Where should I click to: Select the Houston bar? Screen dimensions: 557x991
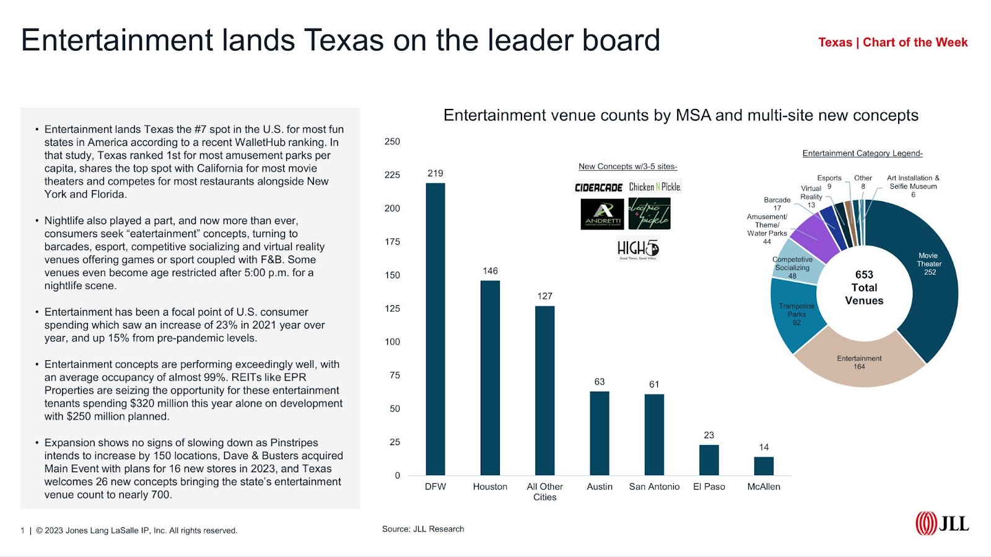click(x=490, y=378)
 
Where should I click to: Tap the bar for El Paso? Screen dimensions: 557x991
click(x=709, y=460)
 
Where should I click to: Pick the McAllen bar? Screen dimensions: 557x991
click(x=764, y=466)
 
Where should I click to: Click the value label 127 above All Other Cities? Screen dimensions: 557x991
click(x=545, y=296)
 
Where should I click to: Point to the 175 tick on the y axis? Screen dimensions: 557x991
click(x=392, y=241)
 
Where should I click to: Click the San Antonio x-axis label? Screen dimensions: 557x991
click(x=654, y=486)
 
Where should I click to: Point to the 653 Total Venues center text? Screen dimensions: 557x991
click(x=864, y=288)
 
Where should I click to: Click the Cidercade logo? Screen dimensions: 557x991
click(x=598, y=187)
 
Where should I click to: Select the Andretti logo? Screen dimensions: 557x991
click(x=603, y=214)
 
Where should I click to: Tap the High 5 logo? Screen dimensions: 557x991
click(x=638, y=249)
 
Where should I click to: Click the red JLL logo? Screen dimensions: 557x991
click(x=942, y=524)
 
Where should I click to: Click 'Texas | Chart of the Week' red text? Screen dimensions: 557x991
click(x=893, y=42)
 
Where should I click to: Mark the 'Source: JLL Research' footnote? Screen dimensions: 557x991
click(x=423, y=529)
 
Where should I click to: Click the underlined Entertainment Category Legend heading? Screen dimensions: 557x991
click(x=862, y=153)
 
